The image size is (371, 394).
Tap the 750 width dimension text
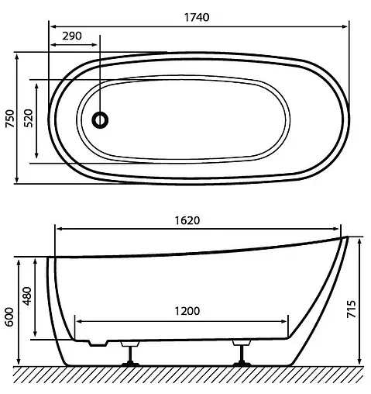click(9, 118)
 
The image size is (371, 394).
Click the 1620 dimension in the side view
click(198, 219)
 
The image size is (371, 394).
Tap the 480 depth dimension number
click(27, 298)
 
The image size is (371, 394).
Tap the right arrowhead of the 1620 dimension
click(338, 229)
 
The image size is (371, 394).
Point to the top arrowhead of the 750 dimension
click(18, 56)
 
